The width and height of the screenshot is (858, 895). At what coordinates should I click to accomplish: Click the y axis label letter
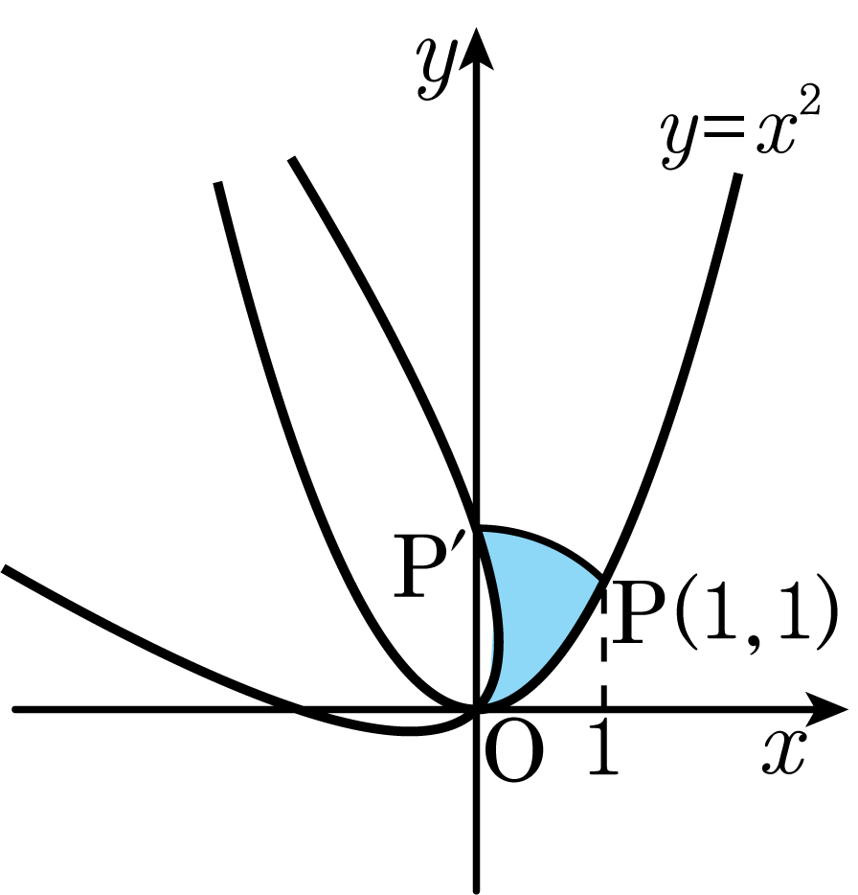click(437, 68)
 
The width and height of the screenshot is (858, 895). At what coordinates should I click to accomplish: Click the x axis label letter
click(784, 752)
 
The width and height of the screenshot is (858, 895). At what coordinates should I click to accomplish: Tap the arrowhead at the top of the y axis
click(476, 49)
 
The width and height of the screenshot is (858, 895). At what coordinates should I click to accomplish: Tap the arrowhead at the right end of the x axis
click(827, 709)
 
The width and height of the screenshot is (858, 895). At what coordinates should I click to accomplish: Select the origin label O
click(513, 753)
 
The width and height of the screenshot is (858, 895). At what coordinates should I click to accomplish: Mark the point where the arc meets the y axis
click(477, 529)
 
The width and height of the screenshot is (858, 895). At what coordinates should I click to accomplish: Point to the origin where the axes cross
click(476, 709)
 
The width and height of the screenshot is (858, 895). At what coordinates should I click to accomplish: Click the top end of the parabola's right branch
click(738, 174)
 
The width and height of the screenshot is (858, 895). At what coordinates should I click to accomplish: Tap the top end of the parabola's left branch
click(217, 183)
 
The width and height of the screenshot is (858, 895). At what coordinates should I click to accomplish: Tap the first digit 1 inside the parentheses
click(717, 614)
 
